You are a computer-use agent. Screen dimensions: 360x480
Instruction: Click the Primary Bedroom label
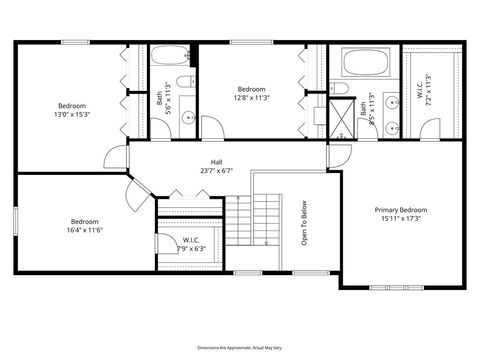pyautogui.click(x=400, y=210)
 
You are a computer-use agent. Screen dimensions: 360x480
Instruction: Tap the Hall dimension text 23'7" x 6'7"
pyautogui.click(x=216, y=171)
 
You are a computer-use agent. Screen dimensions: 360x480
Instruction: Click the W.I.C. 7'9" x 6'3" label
pyautogui.click(x=190, y=244)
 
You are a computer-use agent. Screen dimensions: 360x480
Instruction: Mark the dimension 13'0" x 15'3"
pyautogui.click(x=72, y=114)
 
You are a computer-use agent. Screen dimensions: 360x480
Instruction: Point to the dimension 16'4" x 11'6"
pyautogui.click(x=86, y=230)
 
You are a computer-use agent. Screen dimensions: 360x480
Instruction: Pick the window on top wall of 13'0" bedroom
pyautogui.click(x=71, y=42)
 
